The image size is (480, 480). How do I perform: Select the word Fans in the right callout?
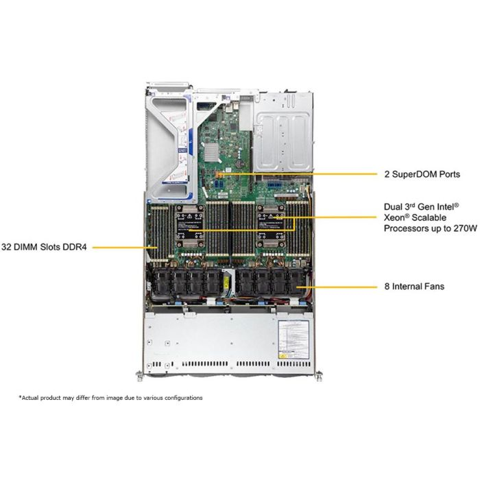(x=431, y=286)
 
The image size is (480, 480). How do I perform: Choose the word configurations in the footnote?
(x=182, y=398)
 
